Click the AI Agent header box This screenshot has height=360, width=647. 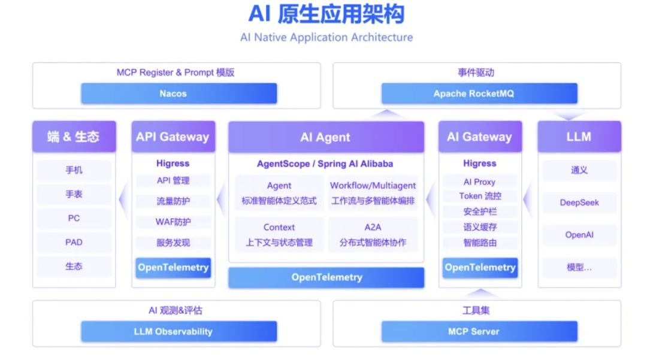326,137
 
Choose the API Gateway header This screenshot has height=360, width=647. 173,137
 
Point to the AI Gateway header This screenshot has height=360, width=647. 479,137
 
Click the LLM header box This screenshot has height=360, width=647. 579,137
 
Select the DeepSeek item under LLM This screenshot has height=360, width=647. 579,202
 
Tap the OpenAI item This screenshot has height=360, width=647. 579,235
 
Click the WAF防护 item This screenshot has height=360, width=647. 173,222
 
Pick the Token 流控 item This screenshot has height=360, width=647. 480,196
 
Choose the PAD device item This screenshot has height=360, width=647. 74,242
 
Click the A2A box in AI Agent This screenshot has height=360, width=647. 373,234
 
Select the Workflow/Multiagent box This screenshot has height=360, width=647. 373,193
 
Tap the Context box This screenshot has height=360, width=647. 279,234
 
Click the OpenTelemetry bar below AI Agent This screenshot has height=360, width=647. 326,277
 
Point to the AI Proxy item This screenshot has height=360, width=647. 480,181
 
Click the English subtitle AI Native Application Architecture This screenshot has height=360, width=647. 326,37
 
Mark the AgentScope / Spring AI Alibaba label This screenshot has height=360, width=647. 325,164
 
